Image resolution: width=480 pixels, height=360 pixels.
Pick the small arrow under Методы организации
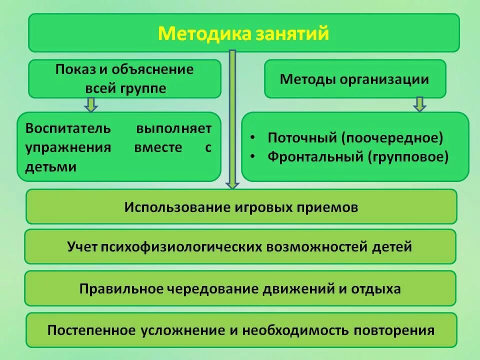419,104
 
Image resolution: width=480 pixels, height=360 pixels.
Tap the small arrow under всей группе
90,104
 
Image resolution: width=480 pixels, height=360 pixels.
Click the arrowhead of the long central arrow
232,184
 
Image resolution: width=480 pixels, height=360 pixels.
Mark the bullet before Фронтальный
254,157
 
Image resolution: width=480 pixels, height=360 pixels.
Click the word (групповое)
409,157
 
